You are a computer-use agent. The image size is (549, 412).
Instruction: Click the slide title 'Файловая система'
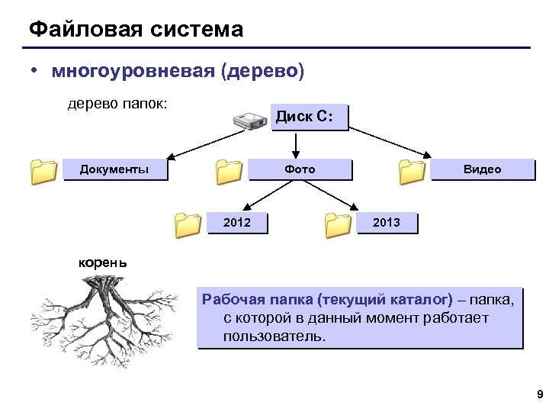[136, 30]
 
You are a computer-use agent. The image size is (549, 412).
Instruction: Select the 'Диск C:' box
[309, 117]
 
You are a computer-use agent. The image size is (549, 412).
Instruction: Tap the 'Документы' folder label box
[114, 169]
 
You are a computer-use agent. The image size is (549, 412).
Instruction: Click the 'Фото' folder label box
[300, 169]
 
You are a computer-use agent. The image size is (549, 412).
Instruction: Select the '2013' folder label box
[388, 222]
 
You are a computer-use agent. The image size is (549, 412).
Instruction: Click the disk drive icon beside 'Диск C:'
[249, 120]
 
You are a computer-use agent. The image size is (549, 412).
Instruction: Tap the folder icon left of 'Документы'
[43, 172]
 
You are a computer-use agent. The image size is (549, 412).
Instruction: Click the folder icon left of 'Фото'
[228, 172]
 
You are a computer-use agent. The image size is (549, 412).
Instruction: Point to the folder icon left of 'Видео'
[412, 172]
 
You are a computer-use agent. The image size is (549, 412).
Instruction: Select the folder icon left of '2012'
[187, 225]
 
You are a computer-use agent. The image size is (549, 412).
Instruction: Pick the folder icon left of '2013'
[337, 225]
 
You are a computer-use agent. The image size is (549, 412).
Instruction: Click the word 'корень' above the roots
[104, 263]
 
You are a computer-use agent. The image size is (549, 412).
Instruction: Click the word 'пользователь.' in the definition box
[274, 336]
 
